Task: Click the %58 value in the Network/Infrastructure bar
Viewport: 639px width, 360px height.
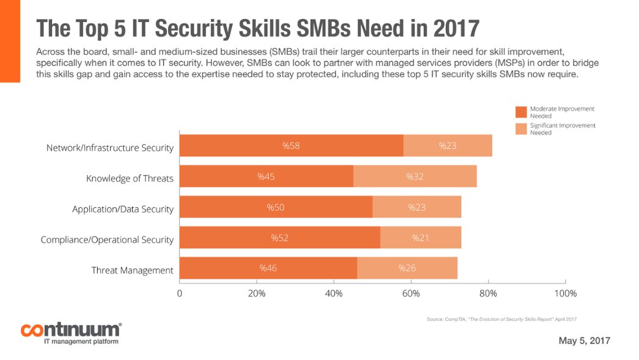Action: coord(290,145)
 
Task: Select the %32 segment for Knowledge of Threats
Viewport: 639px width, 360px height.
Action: coord(415,177)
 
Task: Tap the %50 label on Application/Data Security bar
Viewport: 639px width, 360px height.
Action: coord(276,207)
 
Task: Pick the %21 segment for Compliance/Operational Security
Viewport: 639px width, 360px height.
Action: coord(420,237)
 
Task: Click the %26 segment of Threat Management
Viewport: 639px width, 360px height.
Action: coord(407,268)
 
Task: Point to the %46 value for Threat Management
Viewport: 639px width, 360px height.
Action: coord(268,268)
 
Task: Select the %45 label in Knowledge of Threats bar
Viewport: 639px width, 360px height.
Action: coord(266,177)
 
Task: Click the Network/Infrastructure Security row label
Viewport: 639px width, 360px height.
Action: coord(110,148)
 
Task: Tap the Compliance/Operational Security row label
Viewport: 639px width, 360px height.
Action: coord(107,240)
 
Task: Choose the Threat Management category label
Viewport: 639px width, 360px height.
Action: coord(133,270)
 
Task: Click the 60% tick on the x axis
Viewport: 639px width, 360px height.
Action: coord(411,293)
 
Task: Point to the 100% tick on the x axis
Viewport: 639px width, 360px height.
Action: coord(564,293)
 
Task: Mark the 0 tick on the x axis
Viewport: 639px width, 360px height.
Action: coord(180,293)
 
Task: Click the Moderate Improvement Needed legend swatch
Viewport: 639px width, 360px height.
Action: coord(520,112)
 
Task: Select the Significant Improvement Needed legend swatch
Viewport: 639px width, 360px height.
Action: coord(520,128)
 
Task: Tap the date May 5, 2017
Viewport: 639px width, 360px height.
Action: coord(584,340)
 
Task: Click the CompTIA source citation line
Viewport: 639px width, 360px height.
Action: coord(502,319)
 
